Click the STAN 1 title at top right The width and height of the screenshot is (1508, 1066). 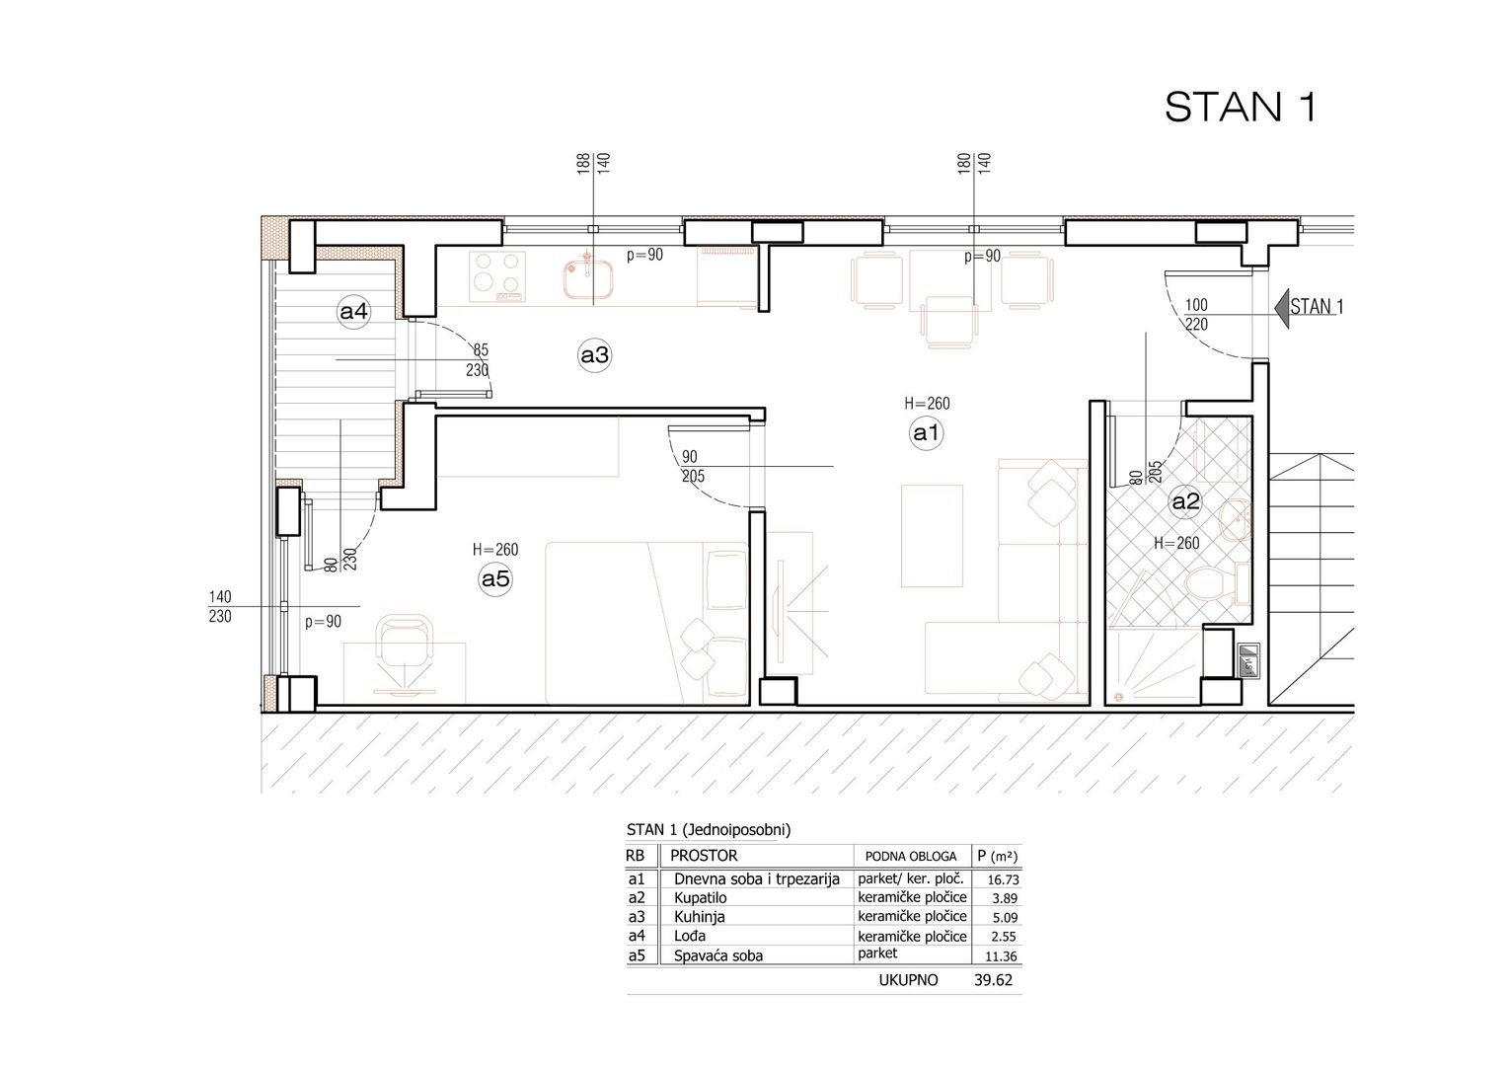[1241, 107]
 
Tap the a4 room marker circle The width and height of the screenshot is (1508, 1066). [353, 311]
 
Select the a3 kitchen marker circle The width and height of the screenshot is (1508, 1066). [594, 354]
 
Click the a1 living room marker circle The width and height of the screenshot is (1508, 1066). [926, 433]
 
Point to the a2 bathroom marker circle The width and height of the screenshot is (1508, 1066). [1185, 501]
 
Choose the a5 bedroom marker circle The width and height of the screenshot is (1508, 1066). [495, 579]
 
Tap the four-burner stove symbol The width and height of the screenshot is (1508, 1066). [497, 276]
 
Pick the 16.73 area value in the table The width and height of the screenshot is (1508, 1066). [1003, 879]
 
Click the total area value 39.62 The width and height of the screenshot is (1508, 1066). [993, 980]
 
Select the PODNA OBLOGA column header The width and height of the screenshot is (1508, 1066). [910, 857]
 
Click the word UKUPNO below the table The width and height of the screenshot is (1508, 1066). [908, 980]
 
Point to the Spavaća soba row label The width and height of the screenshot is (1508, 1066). [718, 955]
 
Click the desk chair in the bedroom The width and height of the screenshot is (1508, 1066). [404, 646]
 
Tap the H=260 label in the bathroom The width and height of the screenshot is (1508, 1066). [1176, 543]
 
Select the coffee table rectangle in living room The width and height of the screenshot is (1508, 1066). [932, 536]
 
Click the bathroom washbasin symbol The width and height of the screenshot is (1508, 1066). [1236, 520]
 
